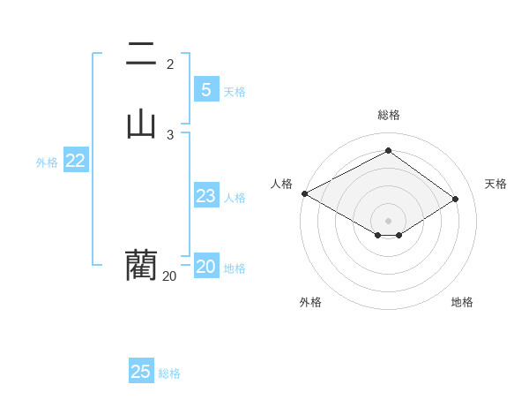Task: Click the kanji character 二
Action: [141, 56]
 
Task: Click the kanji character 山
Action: [141, 124]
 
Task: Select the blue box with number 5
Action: [206, 89]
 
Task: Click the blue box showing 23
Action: [206, 196]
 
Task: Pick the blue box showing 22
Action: [76, 161]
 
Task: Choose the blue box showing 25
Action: [141, 372]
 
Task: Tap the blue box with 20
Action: [206, 267]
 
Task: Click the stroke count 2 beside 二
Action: [170, 64]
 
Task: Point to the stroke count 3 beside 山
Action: [170, 134]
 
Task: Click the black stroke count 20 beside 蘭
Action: [169, 275]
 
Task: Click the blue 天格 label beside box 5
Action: [235, 92]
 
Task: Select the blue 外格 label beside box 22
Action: [47, 162]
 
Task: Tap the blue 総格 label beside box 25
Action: [169, 373]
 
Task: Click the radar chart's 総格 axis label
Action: [389, 115]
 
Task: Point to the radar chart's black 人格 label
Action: [281, 184]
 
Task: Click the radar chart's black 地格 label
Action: [462, 302]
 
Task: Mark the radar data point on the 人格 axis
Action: [304, 193]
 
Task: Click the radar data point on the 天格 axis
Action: [456, 199]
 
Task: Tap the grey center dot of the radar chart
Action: [389, 220]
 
